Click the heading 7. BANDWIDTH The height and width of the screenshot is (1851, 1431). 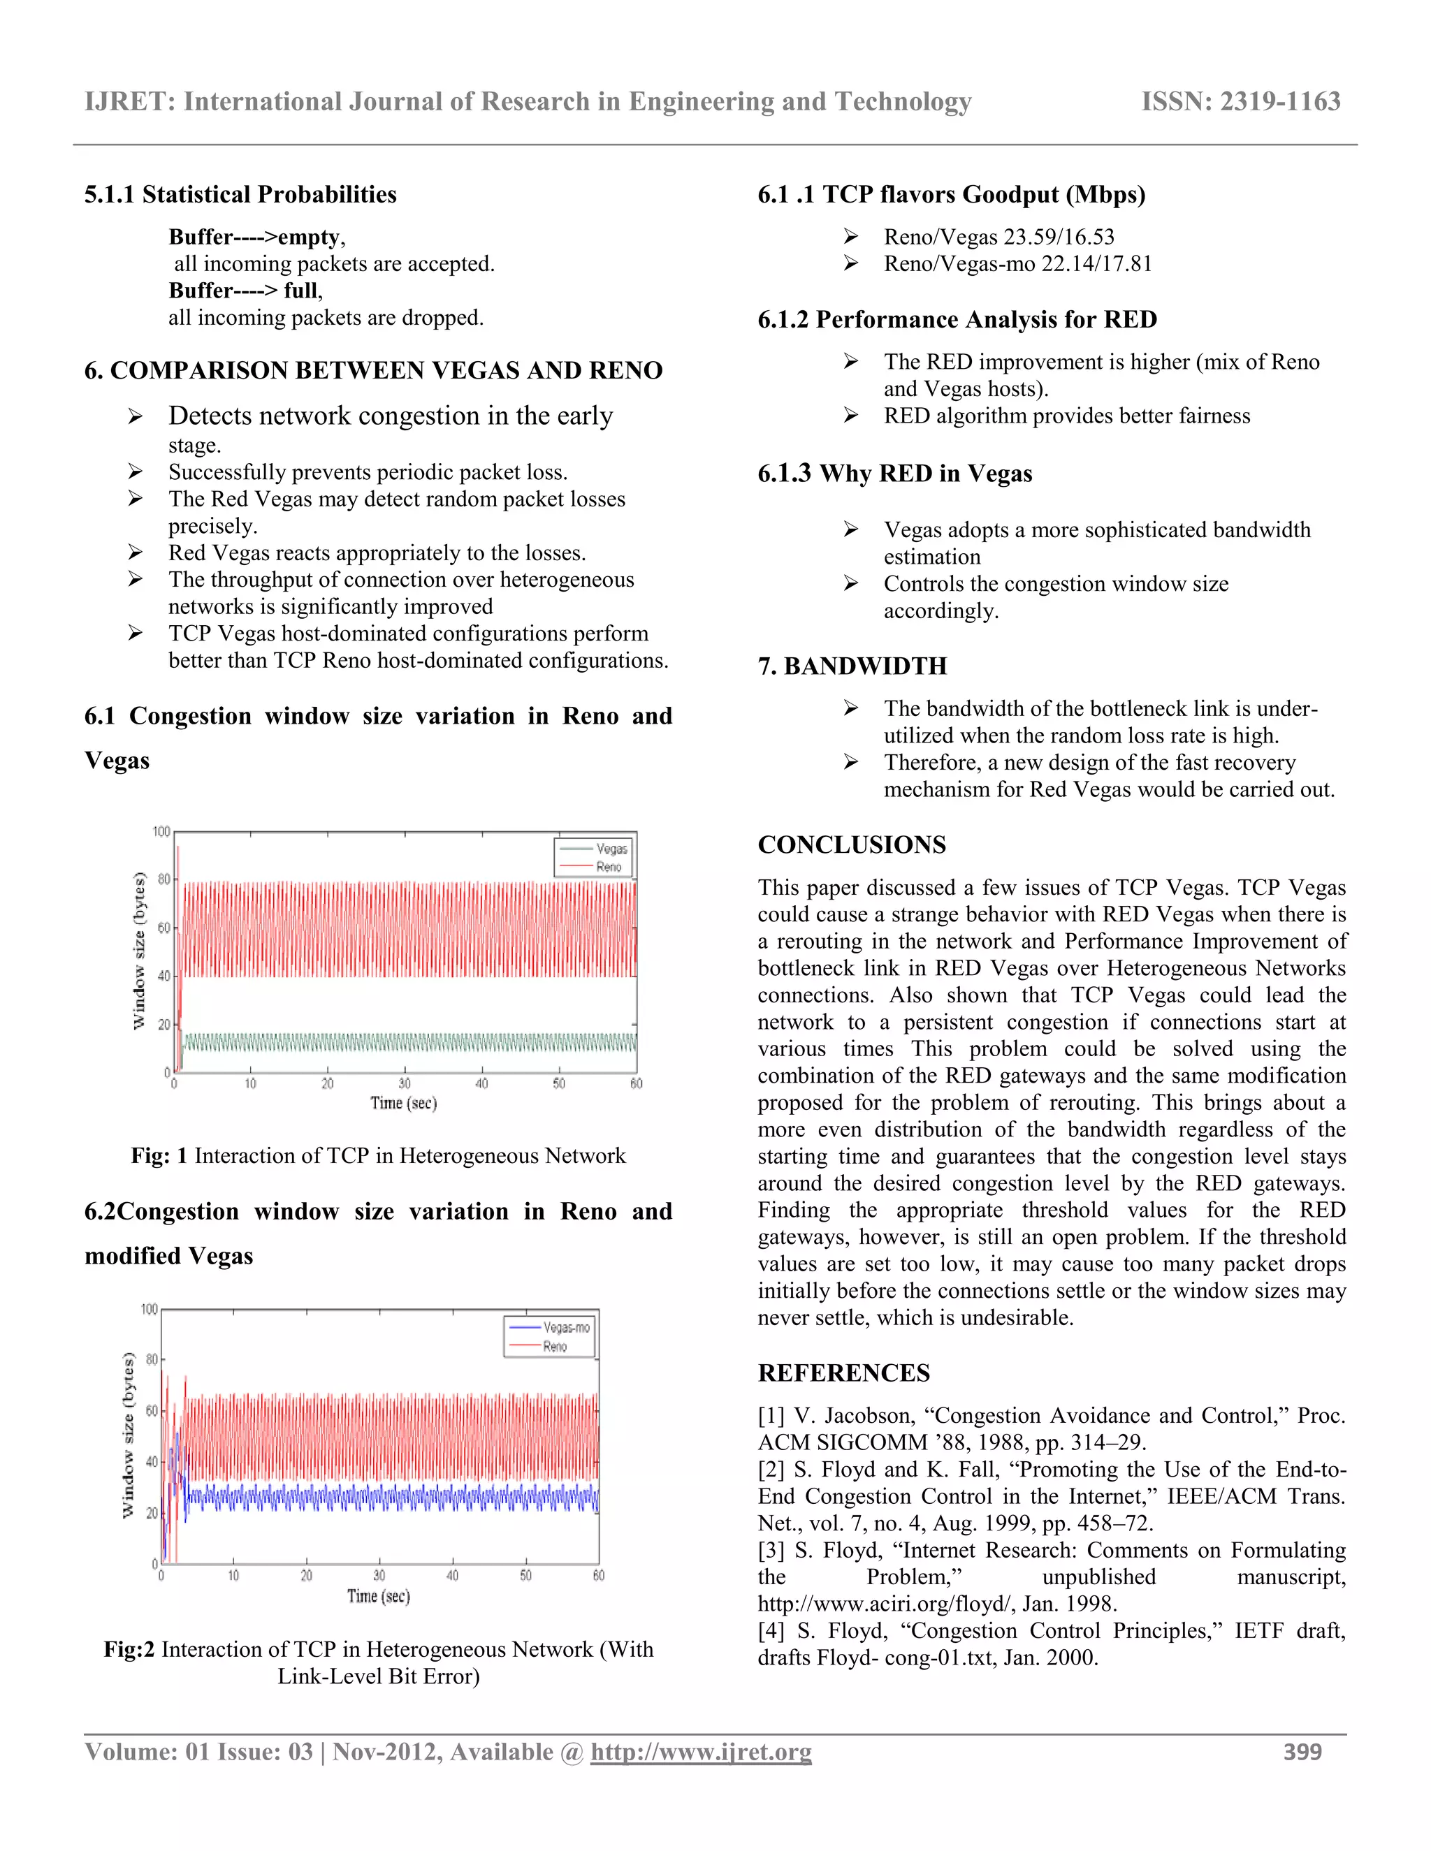point(851,666)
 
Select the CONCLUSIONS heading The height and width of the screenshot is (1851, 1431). point(851,845)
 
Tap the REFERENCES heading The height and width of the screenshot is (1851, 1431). point(843,1373)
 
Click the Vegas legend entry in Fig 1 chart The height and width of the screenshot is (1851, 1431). point(611,849)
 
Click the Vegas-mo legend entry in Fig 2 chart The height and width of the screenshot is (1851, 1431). point(566,1327)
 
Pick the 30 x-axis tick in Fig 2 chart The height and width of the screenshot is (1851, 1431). point(379,1576)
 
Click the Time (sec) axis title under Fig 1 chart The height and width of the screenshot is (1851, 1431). point(404,1103)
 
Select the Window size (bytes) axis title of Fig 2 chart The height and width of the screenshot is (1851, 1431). point(128,1435)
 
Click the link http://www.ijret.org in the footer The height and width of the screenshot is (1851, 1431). point(701,1752)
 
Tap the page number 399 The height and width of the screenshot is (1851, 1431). point(1302,1752)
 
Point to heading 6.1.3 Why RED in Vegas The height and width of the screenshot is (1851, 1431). point(894,474)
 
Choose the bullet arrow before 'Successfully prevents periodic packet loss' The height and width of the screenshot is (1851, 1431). point(135,472)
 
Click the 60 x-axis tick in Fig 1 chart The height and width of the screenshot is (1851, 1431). point(636,1083)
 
